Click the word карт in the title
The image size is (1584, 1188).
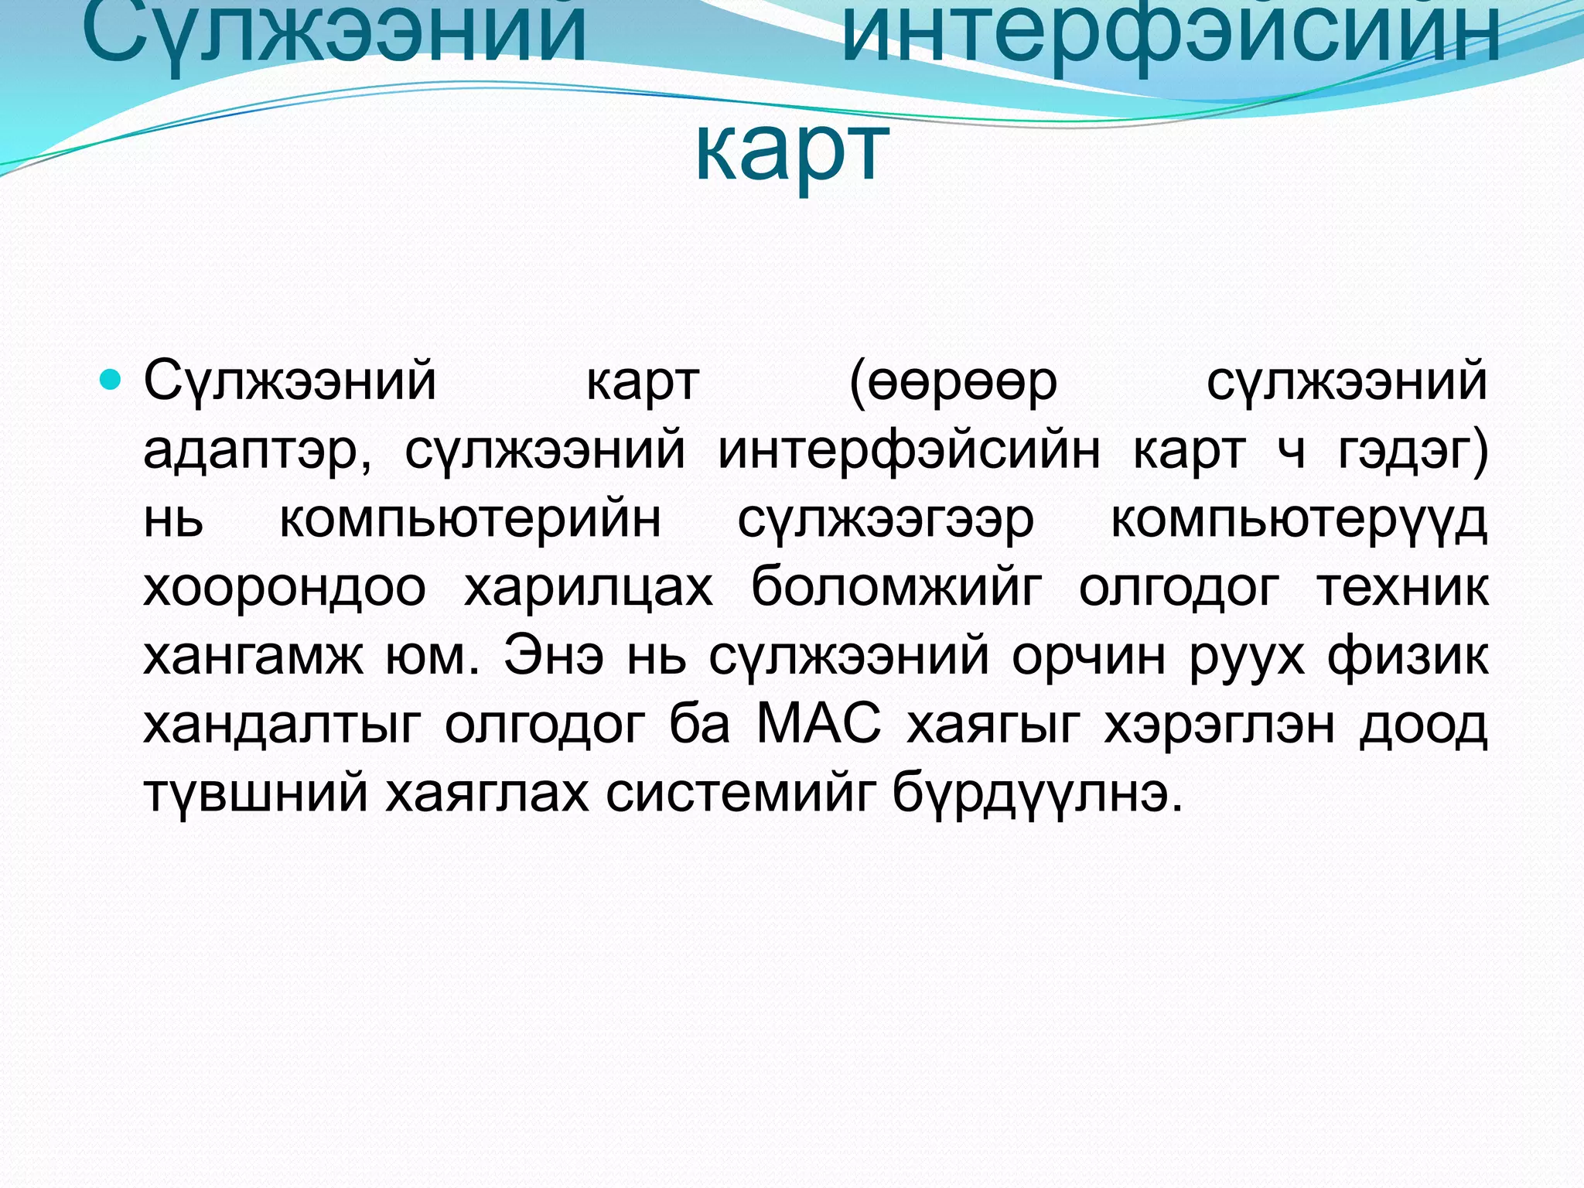pos(792,151)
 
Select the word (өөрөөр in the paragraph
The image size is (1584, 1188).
pos(953,382)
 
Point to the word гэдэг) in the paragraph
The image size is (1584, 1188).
pos(1413,450)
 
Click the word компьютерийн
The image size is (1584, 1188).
pos(469,519)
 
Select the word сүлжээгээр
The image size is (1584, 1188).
pos(886,521)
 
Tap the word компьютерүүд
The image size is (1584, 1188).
pos(1299,521)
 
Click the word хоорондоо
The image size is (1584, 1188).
pos(285,588)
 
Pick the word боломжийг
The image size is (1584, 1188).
pos(896,588)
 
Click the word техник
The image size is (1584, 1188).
pos(1402,586)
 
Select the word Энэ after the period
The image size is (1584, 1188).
pos(554,656)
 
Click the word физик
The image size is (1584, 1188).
pos(1408,656)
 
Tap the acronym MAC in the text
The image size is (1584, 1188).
pos(818,725)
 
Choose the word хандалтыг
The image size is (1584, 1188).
pos(282,725)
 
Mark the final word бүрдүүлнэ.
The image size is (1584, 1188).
pos(1037,794)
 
